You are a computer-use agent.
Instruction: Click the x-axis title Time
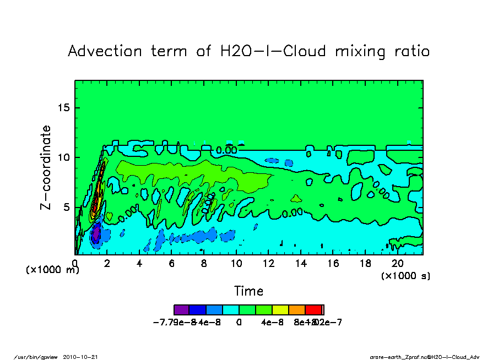point(249,291)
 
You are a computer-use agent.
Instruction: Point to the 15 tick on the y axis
point(65,107)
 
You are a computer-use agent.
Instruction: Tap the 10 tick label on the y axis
point(65,157)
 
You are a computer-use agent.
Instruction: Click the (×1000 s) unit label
point(405,275)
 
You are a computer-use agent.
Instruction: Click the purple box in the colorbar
point(181,309)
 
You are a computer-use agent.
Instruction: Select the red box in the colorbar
point(314,309)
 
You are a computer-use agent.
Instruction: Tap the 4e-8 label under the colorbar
point(272,323)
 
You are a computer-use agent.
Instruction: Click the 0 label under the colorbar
point(239,323)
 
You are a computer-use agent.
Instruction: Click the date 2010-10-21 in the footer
point(84,357)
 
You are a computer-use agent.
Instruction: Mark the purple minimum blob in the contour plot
point(96,234)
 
